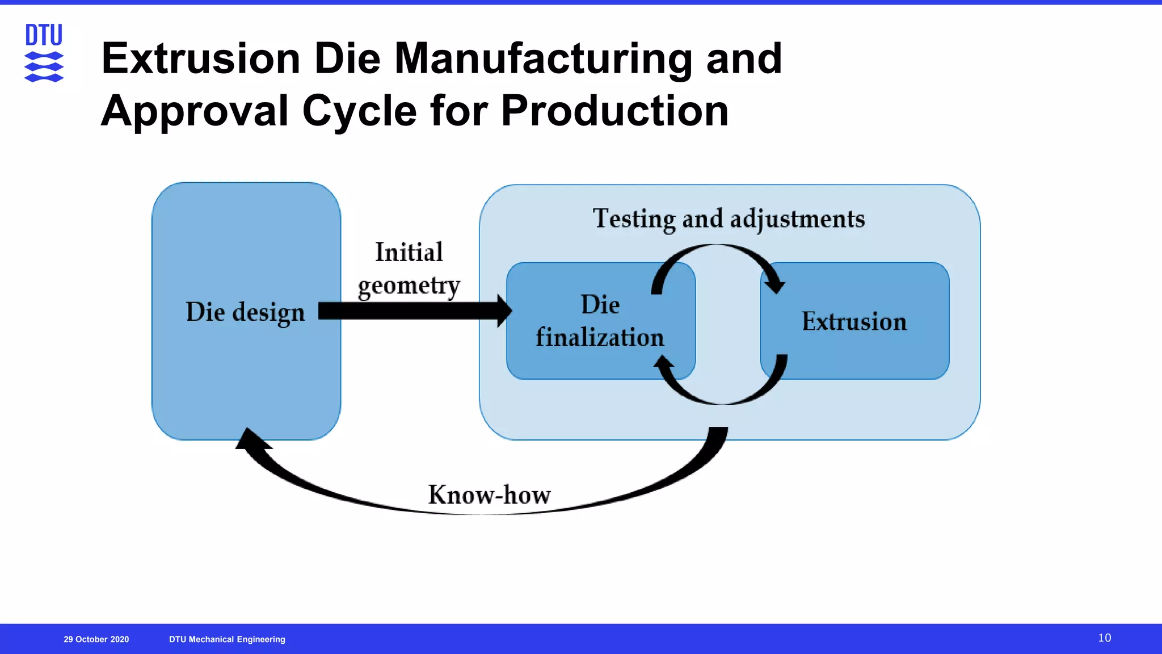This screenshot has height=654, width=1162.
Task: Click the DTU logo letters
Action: [x=44, y=35]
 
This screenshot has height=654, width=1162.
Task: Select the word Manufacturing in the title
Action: [x=543, y=58]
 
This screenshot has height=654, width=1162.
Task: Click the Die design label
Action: [x=245, y=312]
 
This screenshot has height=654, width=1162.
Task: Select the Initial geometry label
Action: [x=409, y=269]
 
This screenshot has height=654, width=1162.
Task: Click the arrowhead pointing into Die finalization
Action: [x=504, y=311]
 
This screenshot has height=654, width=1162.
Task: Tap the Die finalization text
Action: [x=600, y=321]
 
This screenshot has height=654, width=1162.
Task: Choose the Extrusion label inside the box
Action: [x=854, y=321]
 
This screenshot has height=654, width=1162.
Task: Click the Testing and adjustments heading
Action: [x=729, y=219]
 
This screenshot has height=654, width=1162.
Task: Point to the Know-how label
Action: [x=489, y=494]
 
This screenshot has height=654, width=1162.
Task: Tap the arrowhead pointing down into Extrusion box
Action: [x=774, y=284]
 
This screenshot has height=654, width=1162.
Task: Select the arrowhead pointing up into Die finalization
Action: [x=664, y=363]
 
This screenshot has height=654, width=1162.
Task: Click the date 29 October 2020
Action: [x=96, y=639]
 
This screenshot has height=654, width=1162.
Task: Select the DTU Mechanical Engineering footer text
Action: [x=227, y=639]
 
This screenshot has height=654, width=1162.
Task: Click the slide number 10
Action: [x=1104, y=638]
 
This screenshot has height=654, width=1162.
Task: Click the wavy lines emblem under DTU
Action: [x=44, y=67]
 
